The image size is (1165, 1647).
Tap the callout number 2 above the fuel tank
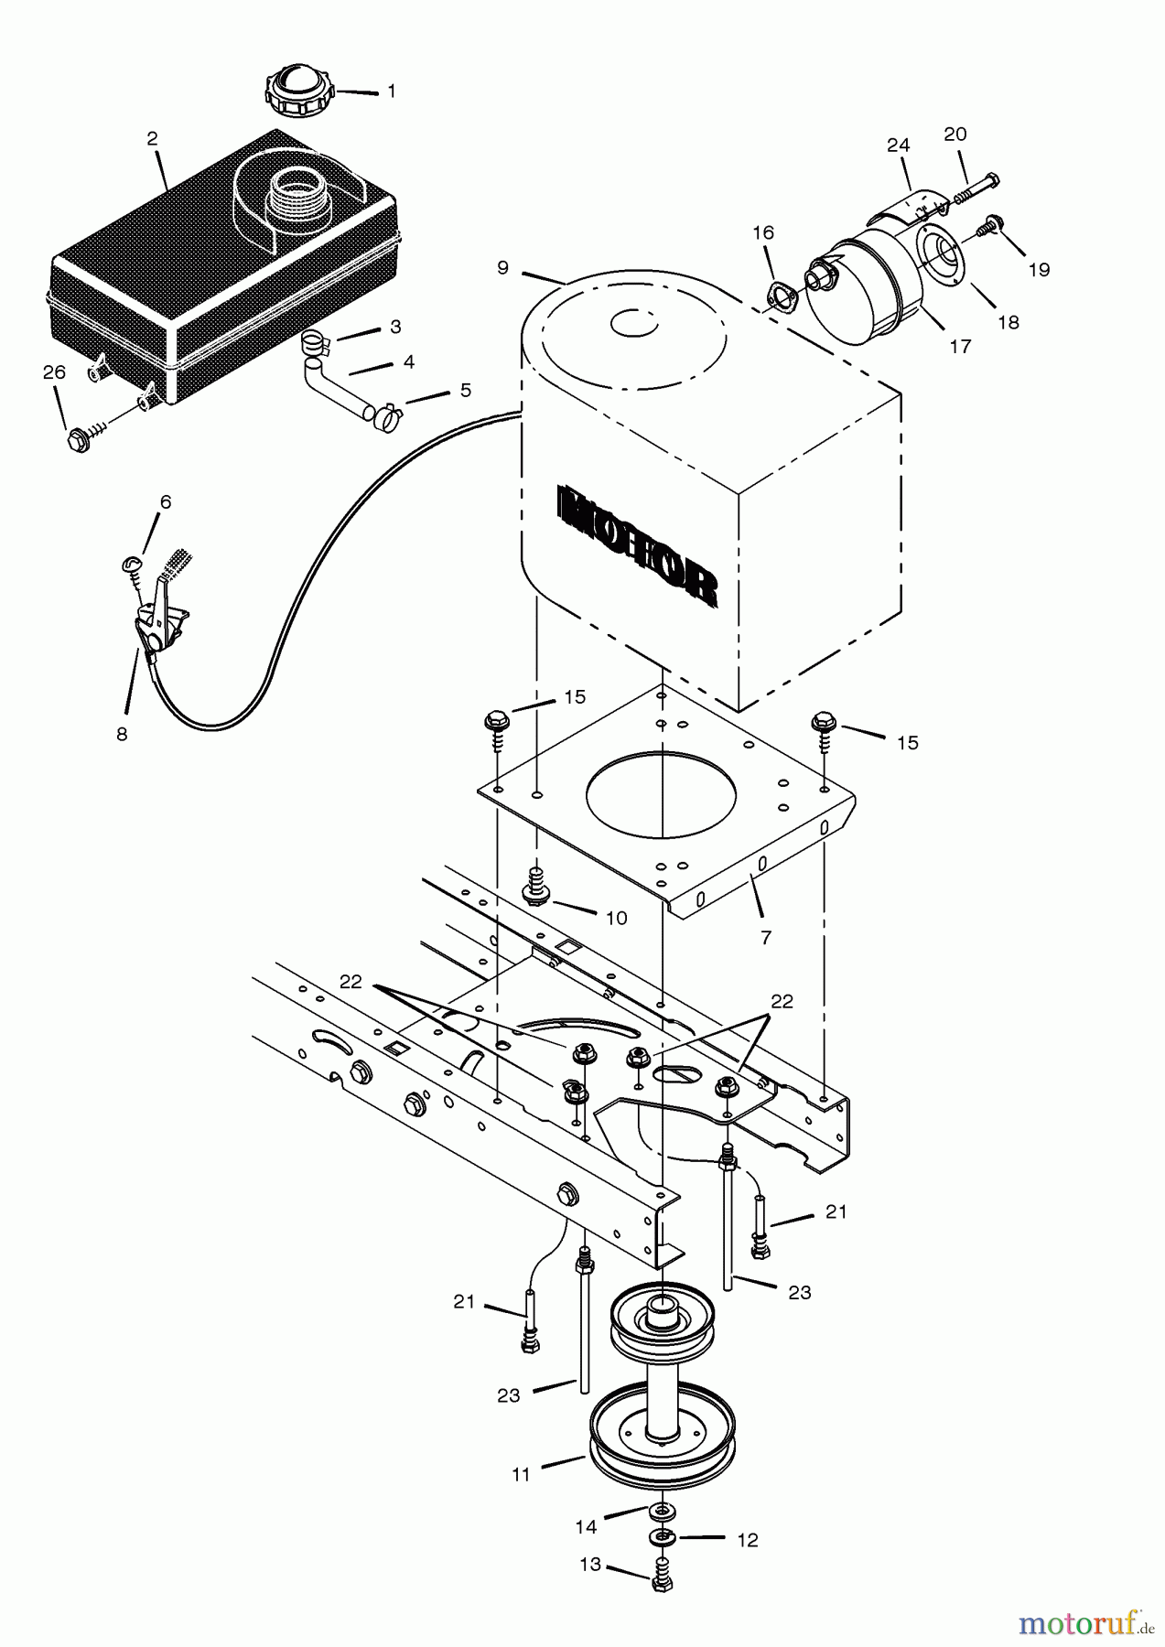pos(152,139)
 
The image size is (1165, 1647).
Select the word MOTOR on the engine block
pos(635,547)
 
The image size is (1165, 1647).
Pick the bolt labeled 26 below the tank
pos(79,439)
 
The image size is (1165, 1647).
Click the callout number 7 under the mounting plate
pos(765,936)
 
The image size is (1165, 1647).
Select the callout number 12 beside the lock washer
pos(747,1541)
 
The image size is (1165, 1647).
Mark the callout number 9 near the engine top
pos(502,267)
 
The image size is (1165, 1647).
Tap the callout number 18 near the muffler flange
pos(1008,322)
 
